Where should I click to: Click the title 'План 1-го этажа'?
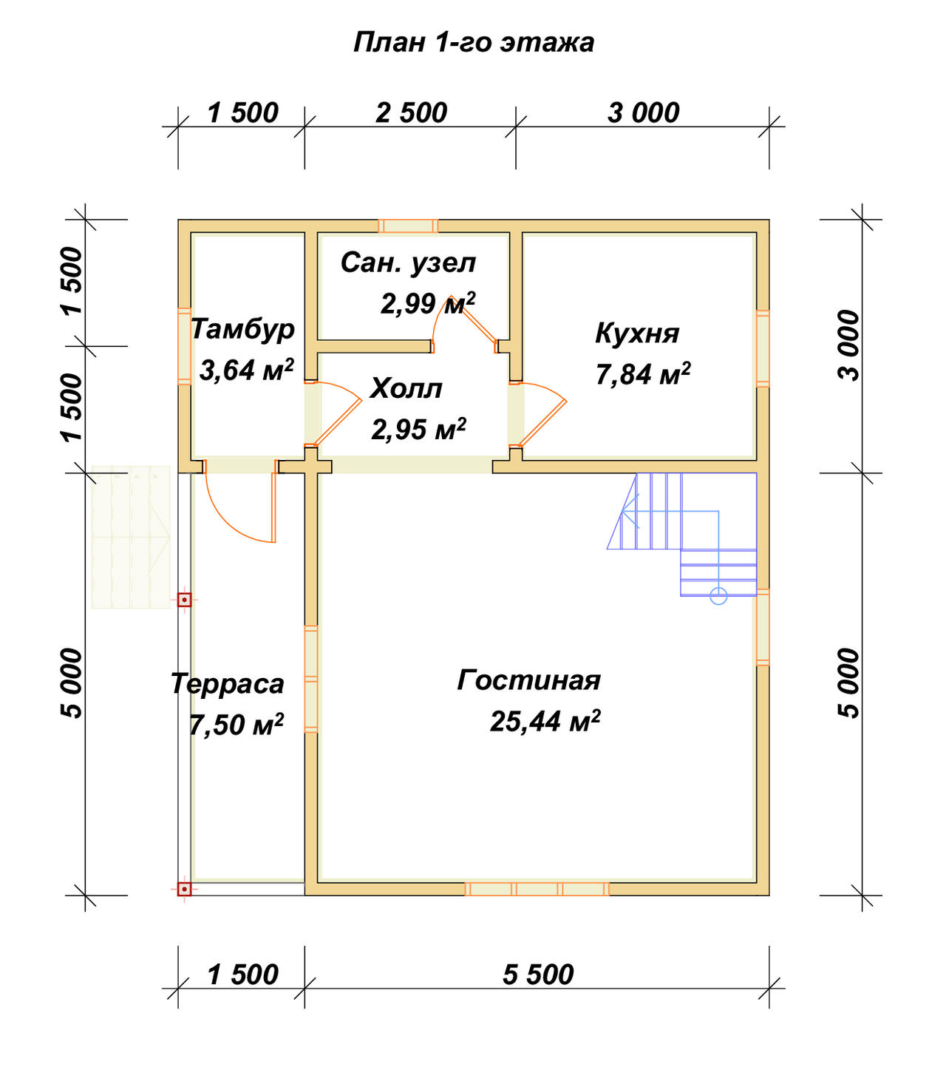(x=473, y=42)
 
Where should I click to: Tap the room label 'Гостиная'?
(x=528, y=680)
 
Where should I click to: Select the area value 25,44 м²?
(x=545, y=721)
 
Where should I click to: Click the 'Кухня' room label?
(x=637, y=333)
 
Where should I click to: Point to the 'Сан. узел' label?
(x=408, y=263)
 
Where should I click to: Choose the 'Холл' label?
(x=406, y=389)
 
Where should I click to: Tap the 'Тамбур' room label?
(x=242, y=329)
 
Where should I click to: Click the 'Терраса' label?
(x=227, y=683)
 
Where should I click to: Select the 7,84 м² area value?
(x=643, y=374)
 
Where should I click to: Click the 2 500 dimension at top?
(x=412, y=113)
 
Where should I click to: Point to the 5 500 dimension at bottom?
(x=538, y=975)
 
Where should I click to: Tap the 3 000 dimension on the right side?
(x=849, y=345)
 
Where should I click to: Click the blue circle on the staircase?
(x=718, y=596)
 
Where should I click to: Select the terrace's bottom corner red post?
(x=184, y=889)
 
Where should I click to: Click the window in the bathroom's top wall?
(x=408, y=226)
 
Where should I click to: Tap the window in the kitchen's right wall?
(x=763, y=349)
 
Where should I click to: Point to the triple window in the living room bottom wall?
(x=537, y=889)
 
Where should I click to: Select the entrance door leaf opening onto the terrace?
(x=273, y=507)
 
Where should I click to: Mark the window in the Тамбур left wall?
(x=184, y=346)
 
